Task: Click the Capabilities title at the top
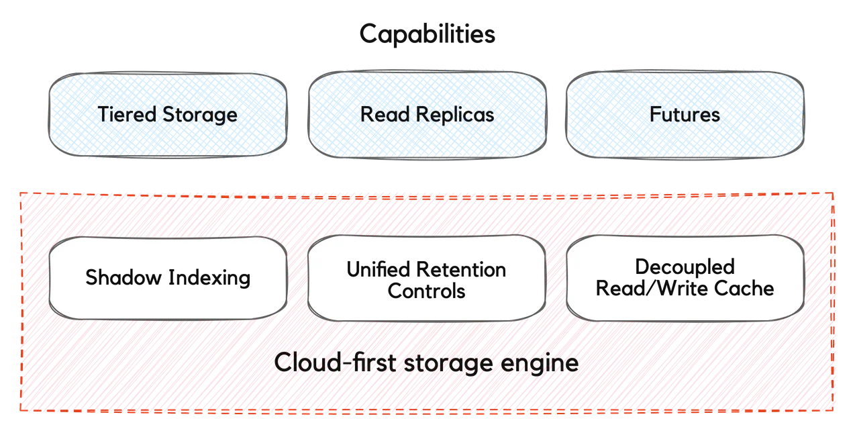coord(427,34)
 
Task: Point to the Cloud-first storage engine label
coord(427,363)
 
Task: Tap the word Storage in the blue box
coord(199,115)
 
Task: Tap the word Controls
coord(426,291)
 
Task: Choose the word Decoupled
coord(685,267)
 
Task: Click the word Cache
coord(747,289)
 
